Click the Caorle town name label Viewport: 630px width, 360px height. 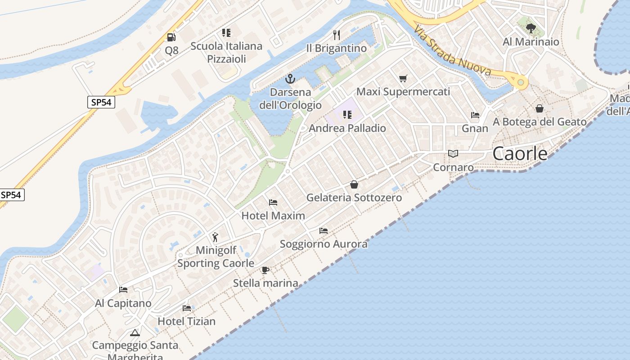(520, 154)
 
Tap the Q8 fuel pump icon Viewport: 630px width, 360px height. (171, 37)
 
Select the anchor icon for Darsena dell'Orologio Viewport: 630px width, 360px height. (290, 79)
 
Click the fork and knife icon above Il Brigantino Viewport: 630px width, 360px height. (336, 35)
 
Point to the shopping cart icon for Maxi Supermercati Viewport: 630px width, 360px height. (403, 78)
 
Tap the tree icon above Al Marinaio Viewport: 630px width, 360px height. (531, 28)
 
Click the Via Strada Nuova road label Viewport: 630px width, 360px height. (452, 51)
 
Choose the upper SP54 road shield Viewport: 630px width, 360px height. (101, 102)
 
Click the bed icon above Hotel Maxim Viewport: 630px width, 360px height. (273, 202)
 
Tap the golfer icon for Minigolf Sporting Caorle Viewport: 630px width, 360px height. (215, 237)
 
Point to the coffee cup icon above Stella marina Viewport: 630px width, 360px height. (265, 270)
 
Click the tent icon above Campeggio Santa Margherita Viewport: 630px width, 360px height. (135, 333)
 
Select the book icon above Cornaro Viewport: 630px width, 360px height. (453, 154)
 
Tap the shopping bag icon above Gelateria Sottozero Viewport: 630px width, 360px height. (354, 184)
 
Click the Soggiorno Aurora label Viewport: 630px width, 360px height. (324, 244)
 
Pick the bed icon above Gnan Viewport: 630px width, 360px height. (475, 115)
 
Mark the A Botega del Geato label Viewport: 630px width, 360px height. (540, 122)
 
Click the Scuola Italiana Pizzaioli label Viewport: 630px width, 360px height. (226, 52)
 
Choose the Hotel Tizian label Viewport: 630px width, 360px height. (186, 321)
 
